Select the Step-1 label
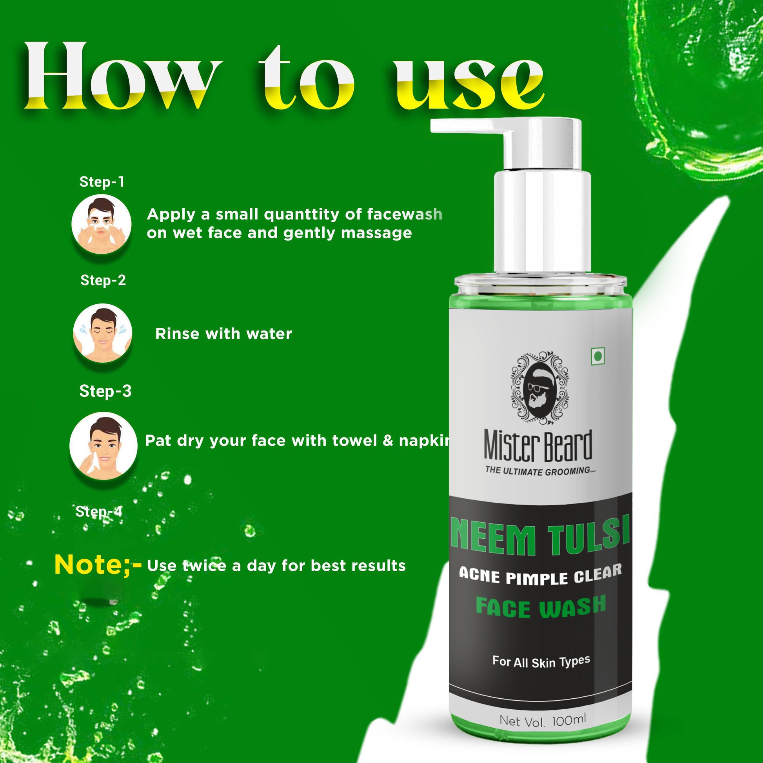click(102, 182)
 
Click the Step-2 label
click(103, 280)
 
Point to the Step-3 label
click(105, 391)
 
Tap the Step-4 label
click(99, 511)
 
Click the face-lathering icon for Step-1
click(102, 224)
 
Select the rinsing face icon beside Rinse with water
click(103, 333)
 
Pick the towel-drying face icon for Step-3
click(104, 446)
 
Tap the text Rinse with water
click(223, 334)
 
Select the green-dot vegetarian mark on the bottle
click(598, 356)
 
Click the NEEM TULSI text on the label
click(540, 535)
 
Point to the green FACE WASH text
click(541, 608)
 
